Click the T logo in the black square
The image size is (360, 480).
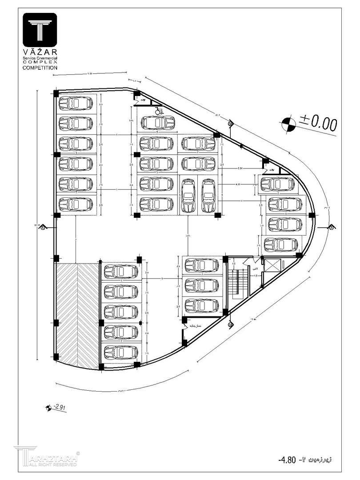click(40, 31)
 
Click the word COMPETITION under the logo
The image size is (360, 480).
click(40, 68)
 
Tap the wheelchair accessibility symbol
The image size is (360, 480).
click(158, 111)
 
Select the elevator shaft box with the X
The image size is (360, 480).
click(272, 265)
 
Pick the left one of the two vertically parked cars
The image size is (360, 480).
click(188, 195)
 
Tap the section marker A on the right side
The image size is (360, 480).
click(332, 228)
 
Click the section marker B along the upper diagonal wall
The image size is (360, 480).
click(230, 124)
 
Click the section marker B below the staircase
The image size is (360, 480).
click(230, 325)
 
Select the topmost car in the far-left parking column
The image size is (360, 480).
click(76, 103)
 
